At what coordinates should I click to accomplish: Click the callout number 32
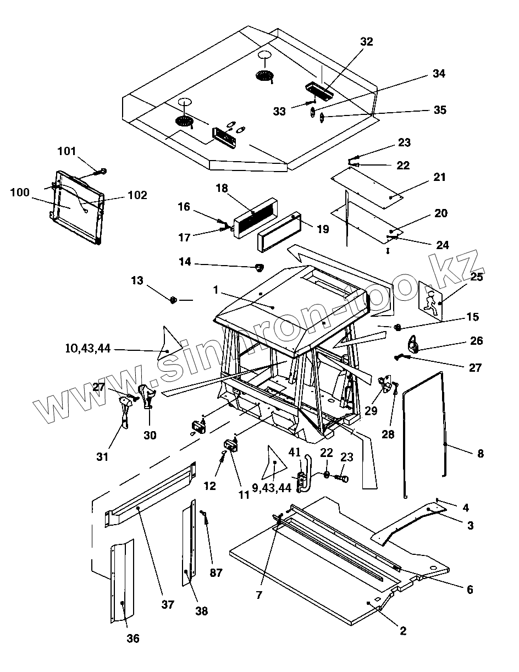[367, 42]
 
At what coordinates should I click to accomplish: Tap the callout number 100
[20, 192]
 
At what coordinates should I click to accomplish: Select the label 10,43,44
[88, 349]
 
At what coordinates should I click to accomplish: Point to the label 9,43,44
[272, 488]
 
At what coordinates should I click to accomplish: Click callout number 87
[216, 572]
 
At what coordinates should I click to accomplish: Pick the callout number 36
[133, 638]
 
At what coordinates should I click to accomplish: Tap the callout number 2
[403, 631]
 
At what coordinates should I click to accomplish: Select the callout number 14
[185, 262]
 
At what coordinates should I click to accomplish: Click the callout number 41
[294, 452]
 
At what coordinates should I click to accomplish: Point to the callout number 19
[323, 229]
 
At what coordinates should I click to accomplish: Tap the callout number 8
[481, 454]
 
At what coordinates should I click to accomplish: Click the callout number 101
[67, 151]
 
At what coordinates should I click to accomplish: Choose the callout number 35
[440, 110]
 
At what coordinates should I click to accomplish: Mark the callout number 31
[102, 456]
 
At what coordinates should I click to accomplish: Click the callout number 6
[470, 590]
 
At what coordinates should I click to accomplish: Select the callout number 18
[222, 188]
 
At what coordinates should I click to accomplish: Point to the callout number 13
[137, 280]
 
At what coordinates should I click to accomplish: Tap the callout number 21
[439, 177]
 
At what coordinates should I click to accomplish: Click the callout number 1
[216, 290]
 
